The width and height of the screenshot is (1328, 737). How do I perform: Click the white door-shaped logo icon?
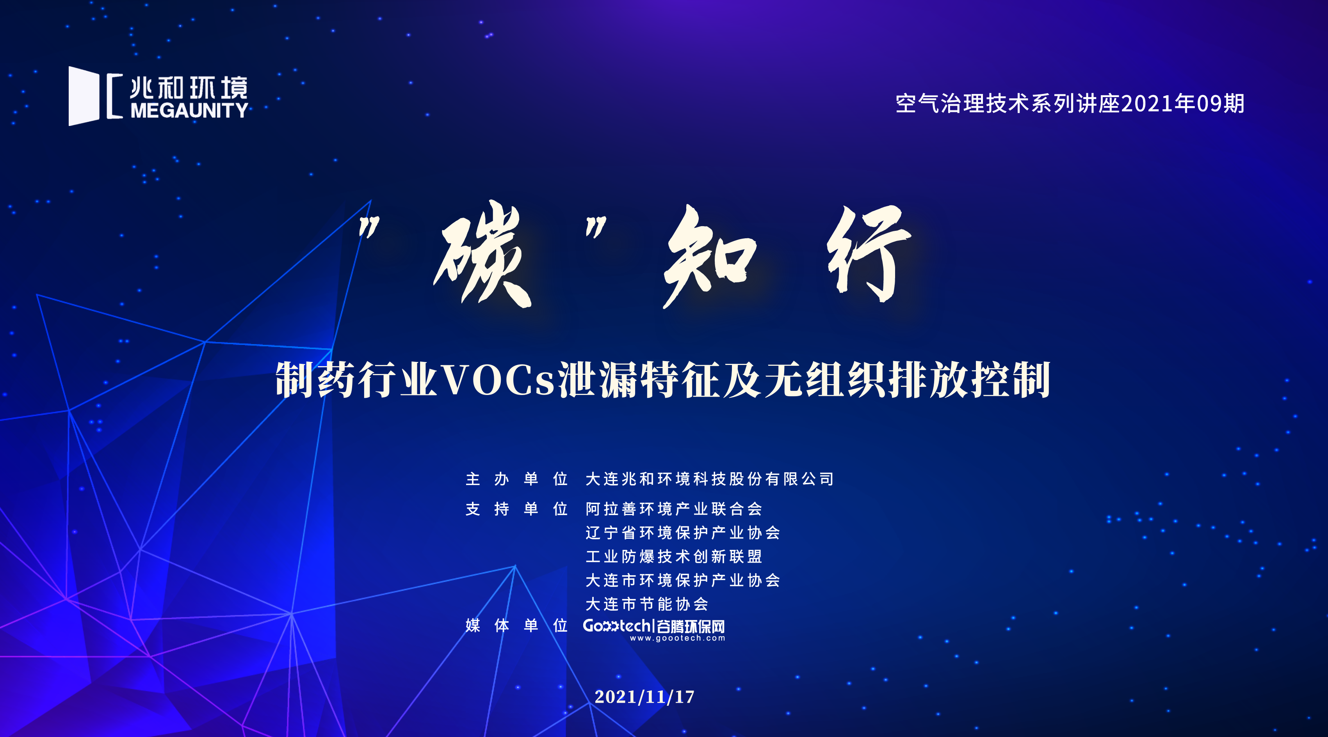[x=84, y=96]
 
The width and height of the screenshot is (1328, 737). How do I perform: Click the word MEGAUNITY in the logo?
[x=190, y=110]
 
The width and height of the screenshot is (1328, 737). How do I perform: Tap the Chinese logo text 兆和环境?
[x=189, y=87]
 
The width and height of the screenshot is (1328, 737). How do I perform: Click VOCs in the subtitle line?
[x=498, y=380]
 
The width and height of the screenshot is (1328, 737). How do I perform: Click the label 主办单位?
[x=516, y=479]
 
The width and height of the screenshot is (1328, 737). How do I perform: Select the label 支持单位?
[x=516, y=509]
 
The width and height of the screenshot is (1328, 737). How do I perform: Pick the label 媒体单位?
[x=516, y=625]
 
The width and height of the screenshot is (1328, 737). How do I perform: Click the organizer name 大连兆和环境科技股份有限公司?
[x=709, y=479]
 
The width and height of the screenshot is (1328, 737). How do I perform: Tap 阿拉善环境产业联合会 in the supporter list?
[x=674, y=509]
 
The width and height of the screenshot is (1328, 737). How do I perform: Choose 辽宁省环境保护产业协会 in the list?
[x=683, y=533]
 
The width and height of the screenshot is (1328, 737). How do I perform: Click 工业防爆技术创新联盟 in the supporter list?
[x=674, y=556]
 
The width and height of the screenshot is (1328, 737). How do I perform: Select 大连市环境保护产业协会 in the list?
[x=683, y=580]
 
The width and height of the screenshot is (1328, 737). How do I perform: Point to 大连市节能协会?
[x=647, y=604]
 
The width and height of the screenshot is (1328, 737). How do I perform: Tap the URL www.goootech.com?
[x=677, y=638]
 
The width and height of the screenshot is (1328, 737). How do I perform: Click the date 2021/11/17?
[x=644, y=697]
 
